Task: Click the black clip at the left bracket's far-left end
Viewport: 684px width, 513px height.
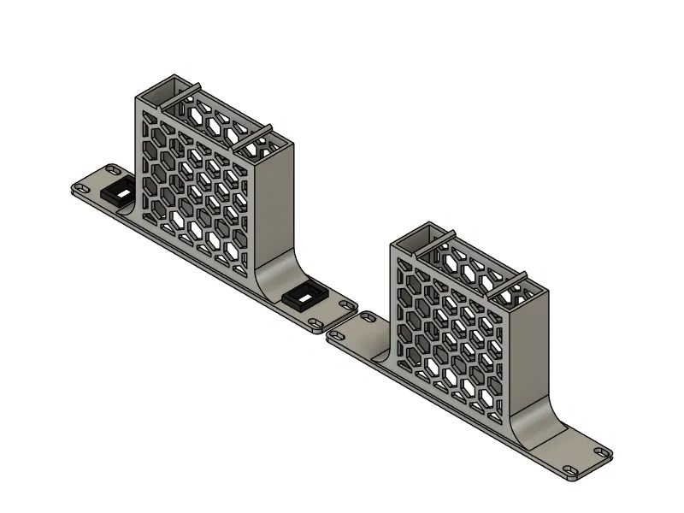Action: [x=117, y=192]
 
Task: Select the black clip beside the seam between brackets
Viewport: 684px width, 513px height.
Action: [x=303, y=297]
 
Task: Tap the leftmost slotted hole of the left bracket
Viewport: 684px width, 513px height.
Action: [x=83, y=186]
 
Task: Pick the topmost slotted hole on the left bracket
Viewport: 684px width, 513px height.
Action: [x=111, y=168]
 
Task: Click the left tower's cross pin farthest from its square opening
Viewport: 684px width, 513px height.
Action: [x=253, y=133]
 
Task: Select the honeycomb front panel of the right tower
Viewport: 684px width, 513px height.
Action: [x=445, y=325]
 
